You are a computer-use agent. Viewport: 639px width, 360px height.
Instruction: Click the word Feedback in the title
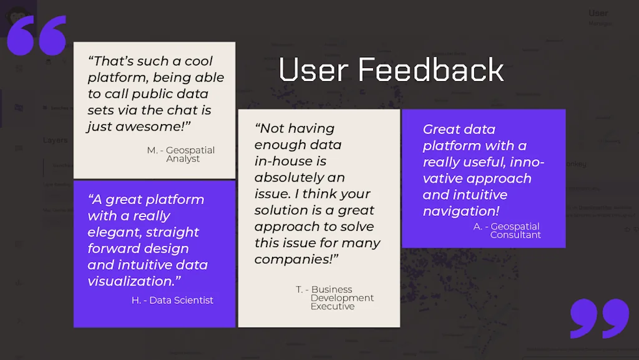(431, 70)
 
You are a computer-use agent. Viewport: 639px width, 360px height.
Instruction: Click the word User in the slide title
(313, 70)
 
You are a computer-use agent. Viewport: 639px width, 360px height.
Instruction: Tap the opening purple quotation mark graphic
(37, 36)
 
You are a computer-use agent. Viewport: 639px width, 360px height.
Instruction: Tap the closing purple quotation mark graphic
(600, 318)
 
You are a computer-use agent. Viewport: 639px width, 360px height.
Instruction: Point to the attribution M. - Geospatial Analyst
(181, 154)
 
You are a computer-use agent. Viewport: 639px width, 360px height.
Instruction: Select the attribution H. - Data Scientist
(172, 300)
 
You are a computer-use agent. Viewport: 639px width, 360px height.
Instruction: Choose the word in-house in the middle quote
(290, 161)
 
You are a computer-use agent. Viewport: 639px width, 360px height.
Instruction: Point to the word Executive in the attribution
(333, 306)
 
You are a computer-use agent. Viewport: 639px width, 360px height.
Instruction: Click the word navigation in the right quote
(458, 212)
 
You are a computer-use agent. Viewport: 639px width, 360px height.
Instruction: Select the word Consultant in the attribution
(515, 235)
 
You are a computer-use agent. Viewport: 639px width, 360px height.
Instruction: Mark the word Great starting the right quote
(442, 129)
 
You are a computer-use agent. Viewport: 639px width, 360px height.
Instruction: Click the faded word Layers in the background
(56, 140)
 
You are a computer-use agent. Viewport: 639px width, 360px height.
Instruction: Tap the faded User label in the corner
(598, 13)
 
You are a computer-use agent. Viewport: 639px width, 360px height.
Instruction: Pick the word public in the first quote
(152, 94)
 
